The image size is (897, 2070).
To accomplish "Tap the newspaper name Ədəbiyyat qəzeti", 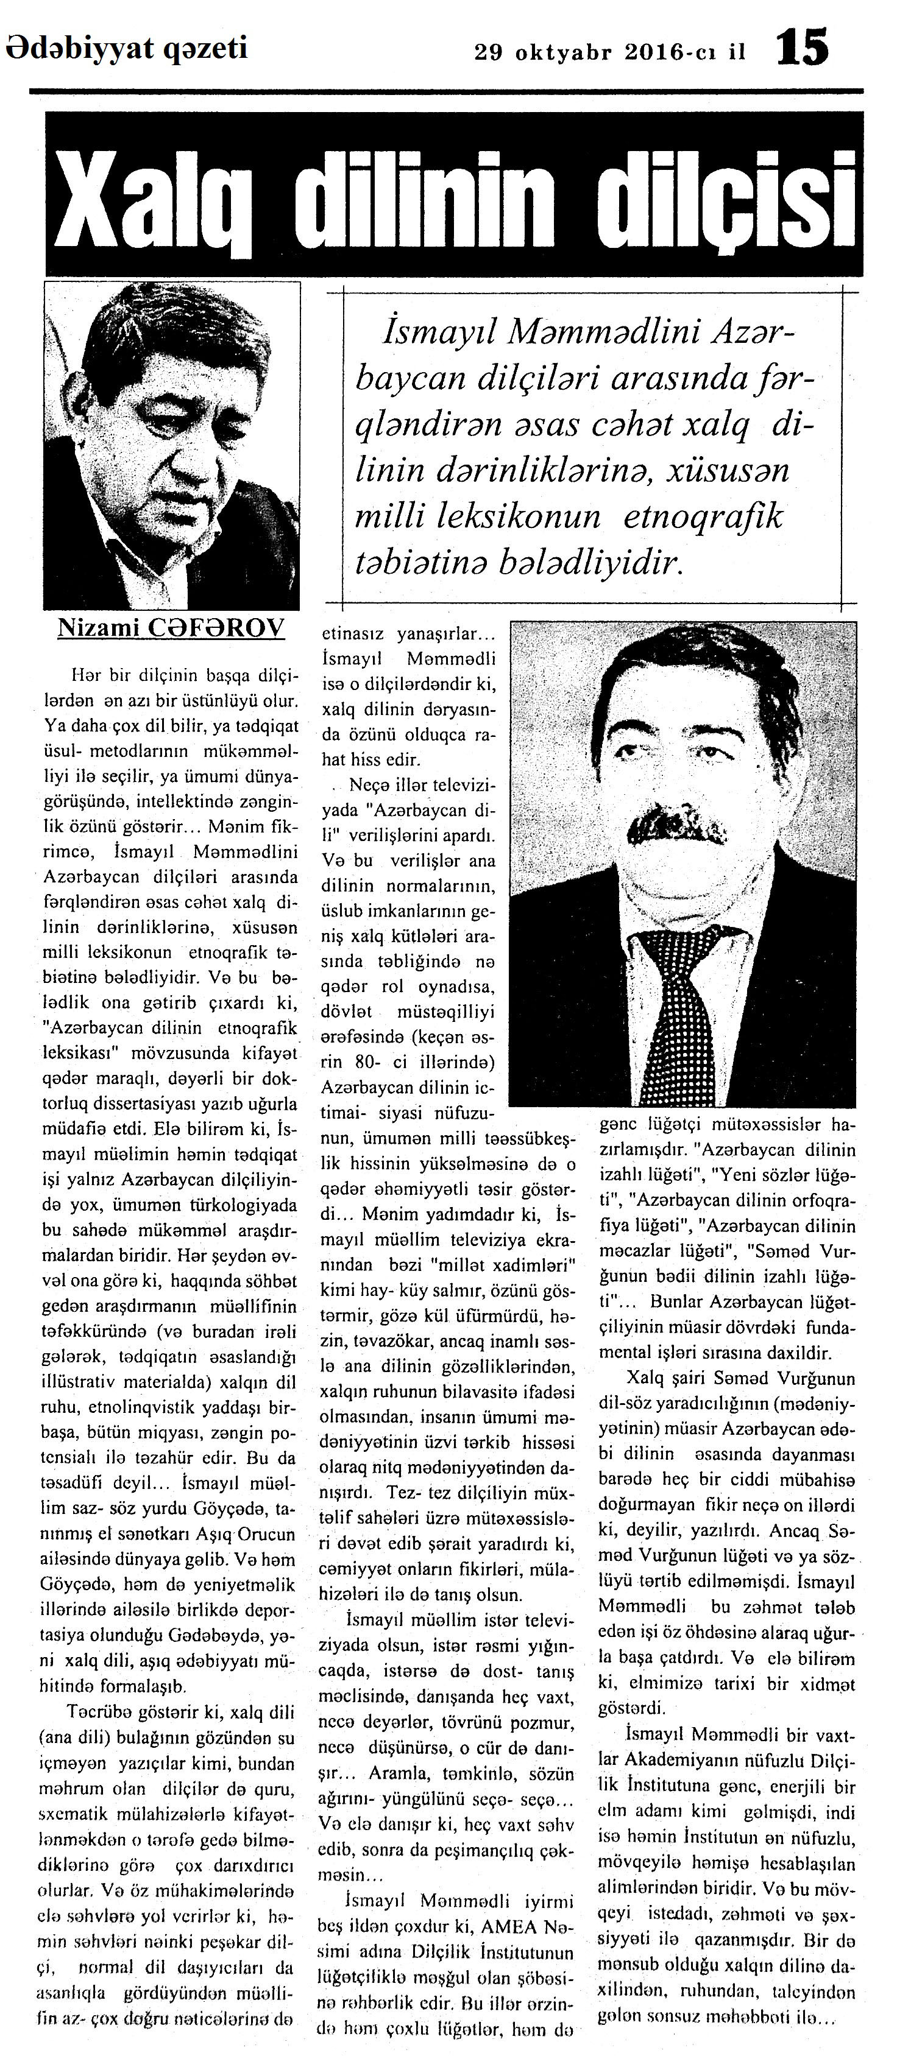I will tap(127, 49).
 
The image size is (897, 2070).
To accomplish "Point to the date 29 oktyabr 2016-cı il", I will tap(610, 53).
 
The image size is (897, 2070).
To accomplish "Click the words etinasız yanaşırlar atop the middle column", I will tap(403, 635).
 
